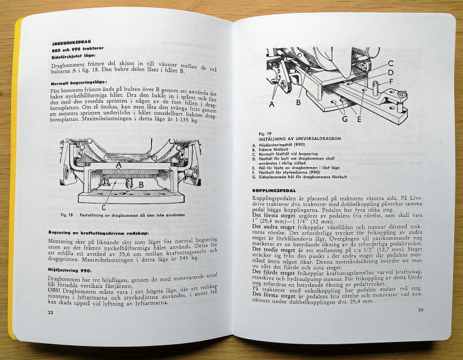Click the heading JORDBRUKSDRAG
70,43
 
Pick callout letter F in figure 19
390,81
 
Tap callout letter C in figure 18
104,206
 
